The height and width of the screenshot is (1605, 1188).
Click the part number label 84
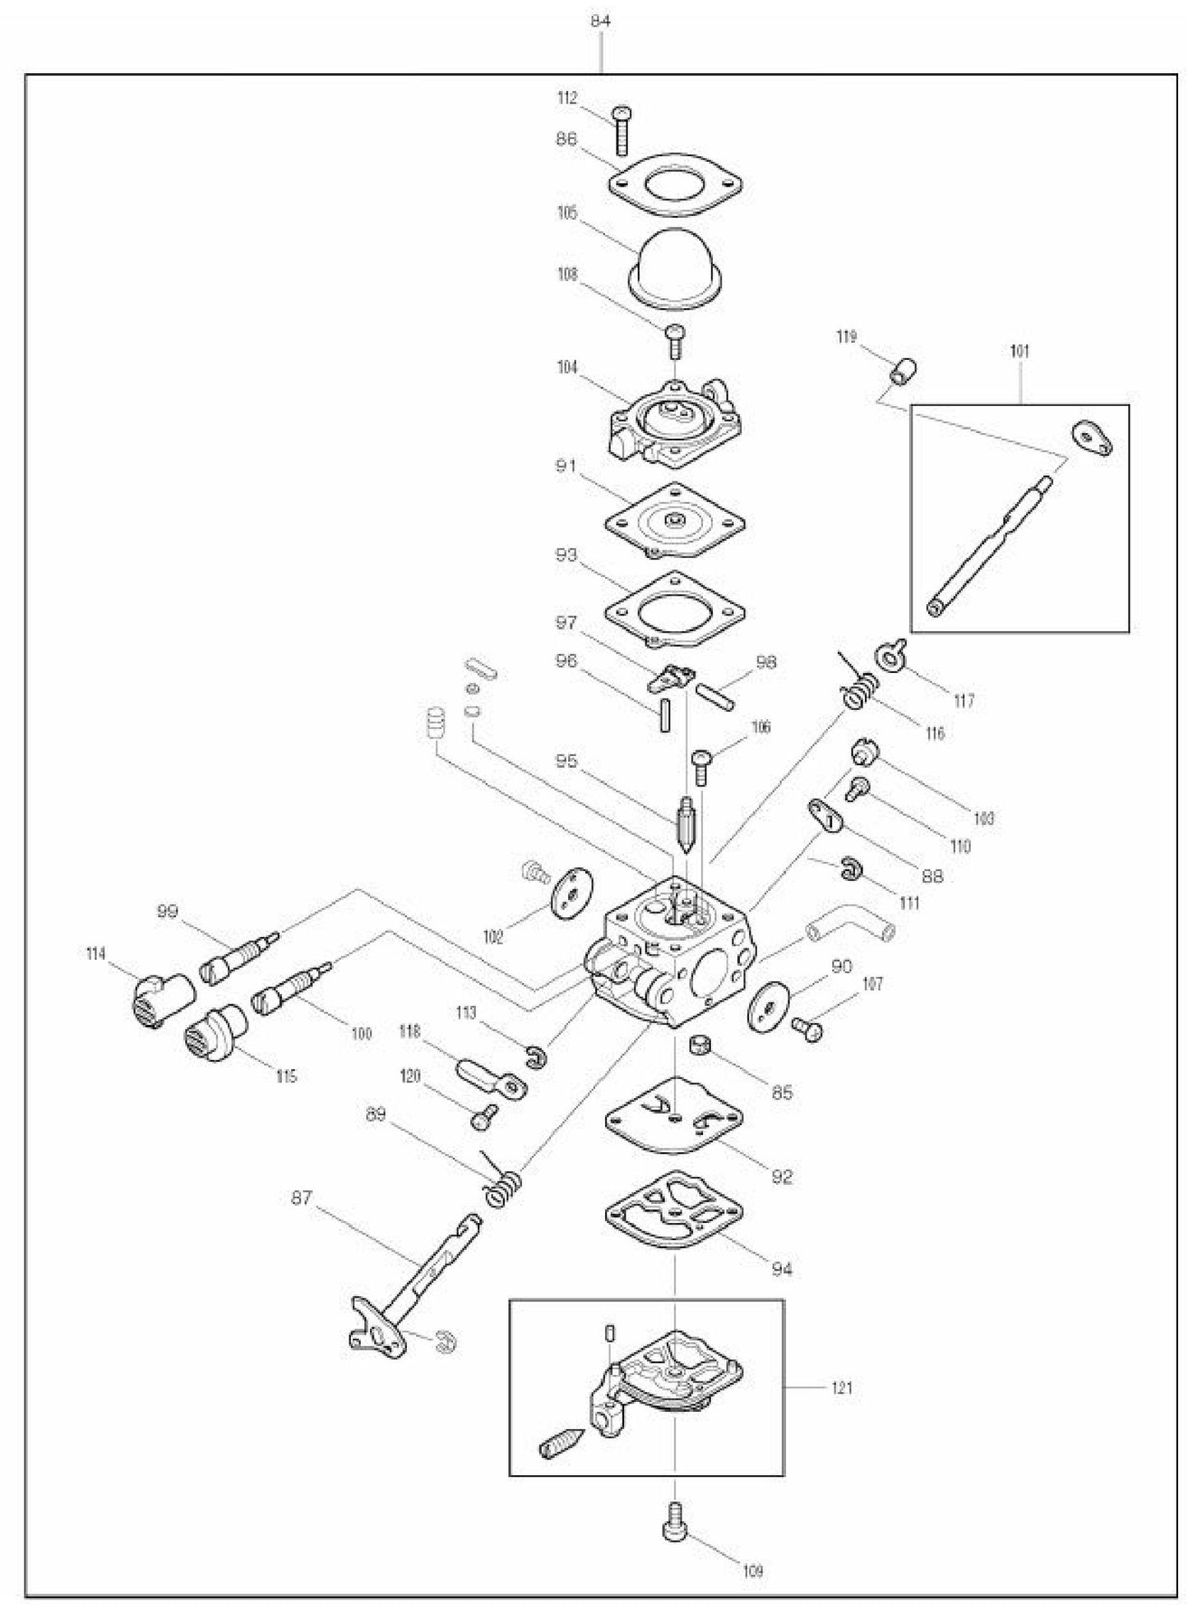point(601,21)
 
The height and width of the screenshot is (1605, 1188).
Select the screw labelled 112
point(622,130)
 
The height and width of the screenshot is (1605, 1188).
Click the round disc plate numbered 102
point(567,892)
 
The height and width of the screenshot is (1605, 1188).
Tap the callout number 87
point(302,1198)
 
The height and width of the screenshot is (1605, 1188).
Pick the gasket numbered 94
point(674,1208)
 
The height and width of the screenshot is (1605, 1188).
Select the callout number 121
point(842,1389)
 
